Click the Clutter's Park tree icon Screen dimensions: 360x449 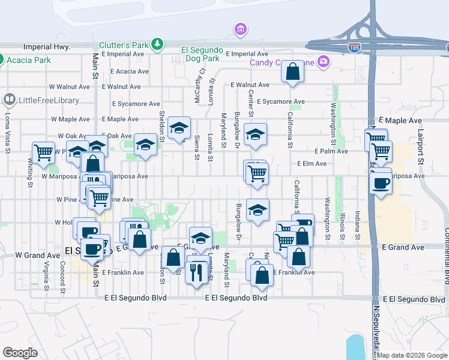pos(157,44)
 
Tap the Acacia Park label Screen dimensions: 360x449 pos(29,59)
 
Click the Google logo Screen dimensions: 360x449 pos(20,353)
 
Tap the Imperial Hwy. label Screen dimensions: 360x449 pos(47,47)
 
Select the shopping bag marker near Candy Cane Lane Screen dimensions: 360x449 pos(292,72)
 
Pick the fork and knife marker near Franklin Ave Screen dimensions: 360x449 pos(196,273)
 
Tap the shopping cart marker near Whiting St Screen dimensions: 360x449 pos(43,153)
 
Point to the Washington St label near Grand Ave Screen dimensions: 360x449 pos(328,218)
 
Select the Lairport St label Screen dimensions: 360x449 pos(421,146)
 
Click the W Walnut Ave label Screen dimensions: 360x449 pos(70,87)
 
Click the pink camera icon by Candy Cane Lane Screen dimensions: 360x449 pos(324,61)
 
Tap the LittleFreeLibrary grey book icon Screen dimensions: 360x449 pos(10,98)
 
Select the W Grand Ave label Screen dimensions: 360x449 pos(38,255)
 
